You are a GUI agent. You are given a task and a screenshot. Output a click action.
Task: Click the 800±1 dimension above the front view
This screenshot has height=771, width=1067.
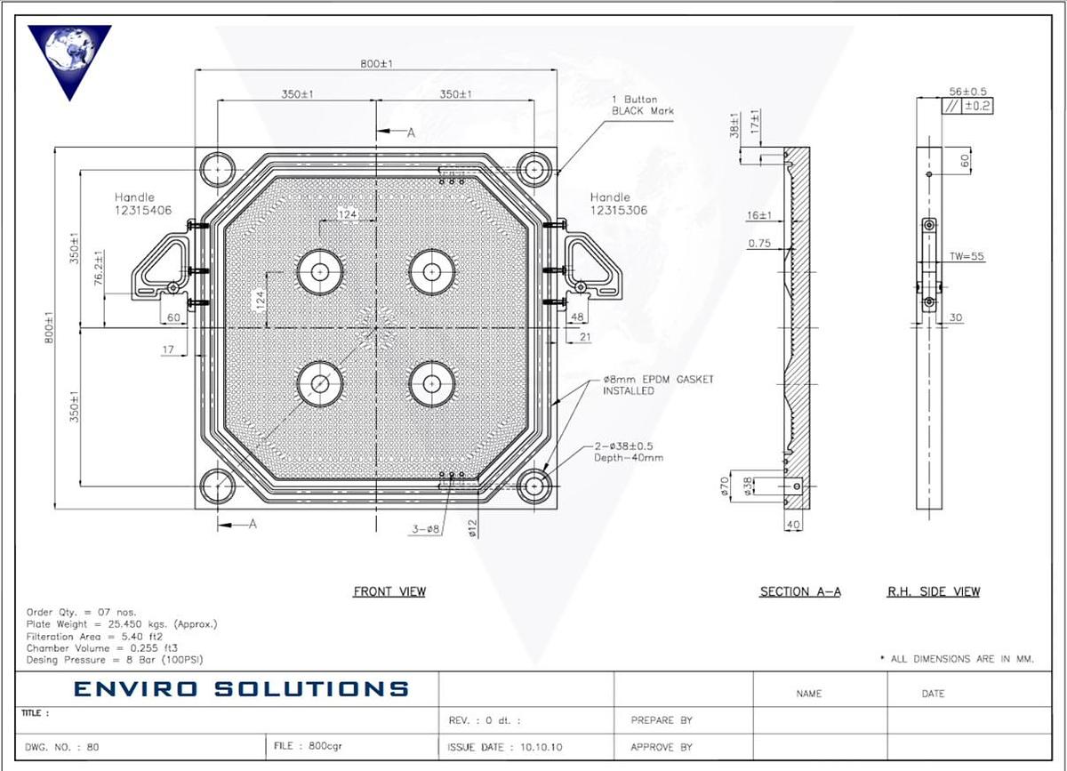pos(377,64)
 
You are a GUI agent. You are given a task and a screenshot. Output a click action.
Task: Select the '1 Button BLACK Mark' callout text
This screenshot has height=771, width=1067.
pos(642,105)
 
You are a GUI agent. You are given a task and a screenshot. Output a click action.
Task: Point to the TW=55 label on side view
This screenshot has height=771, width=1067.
pos(967,256)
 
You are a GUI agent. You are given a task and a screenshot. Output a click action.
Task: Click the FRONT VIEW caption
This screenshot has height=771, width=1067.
pos(389,591)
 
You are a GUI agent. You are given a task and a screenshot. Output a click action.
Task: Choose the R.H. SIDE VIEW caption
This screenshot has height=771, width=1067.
pos(934,591)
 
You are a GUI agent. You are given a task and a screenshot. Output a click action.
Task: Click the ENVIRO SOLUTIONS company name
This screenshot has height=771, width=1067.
pos(241,688)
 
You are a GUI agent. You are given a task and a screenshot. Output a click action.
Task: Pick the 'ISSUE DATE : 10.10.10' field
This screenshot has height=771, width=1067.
pos(499,747)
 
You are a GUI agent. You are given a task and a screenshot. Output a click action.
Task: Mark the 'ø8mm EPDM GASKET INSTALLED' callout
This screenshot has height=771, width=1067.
pos(658,385)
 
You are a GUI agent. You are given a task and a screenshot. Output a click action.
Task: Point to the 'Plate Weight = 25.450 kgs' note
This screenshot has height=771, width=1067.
pos(122,624)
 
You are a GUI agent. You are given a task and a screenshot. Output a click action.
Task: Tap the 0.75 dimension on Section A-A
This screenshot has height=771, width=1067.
pos(759,243)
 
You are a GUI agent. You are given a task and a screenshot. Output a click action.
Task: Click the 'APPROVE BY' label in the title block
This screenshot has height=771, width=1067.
pos(662,747)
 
